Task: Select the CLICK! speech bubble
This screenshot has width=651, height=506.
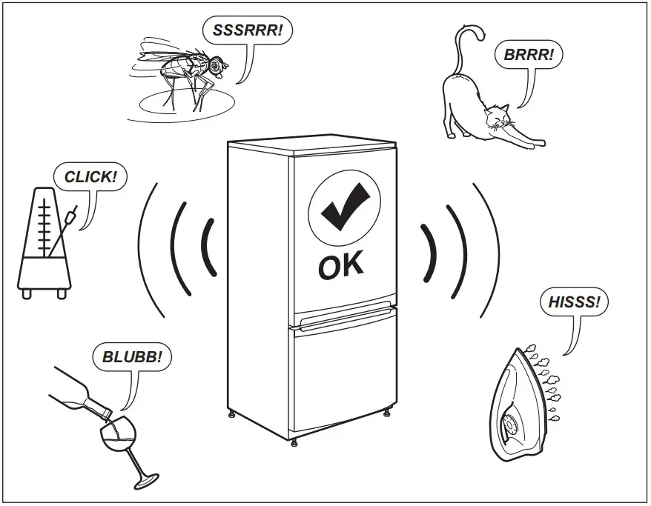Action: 90,178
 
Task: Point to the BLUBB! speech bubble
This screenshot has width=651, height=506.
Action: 132,357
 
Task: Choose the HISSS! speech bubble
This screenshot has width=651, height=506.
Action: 573,302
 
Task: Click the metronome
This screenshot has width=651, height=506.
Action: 46,244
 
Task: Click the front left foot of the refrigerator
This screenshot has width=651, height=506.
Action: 295,442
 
